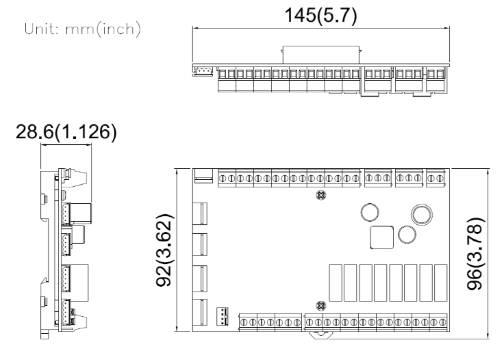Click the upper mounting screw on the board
(319, 196)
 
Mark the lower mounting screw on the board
(319, 305)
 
